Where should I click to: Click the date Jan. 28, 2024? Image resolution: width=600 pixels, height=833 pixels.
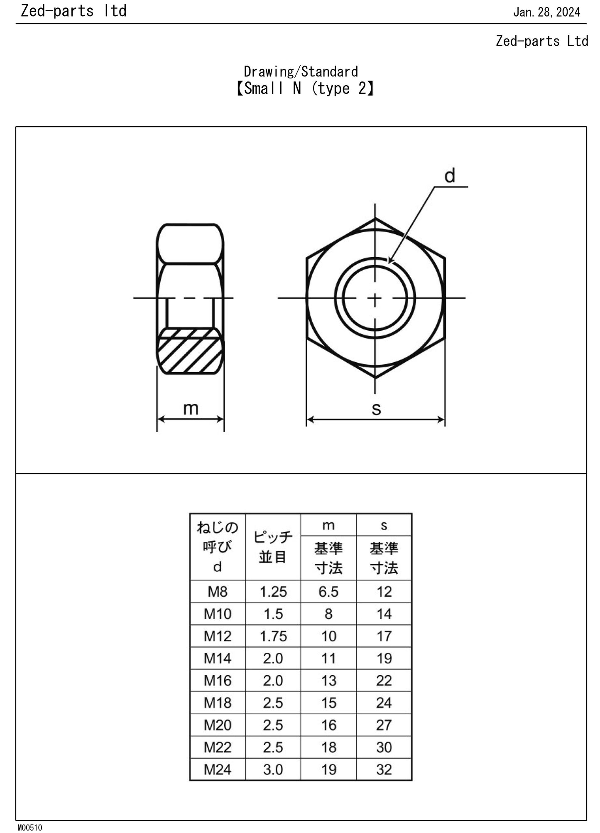546,12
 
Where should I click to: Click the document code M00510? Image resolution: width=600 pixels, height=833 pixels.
30,827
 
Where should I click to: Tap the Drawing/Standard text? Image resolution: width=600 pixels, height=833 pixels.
301,71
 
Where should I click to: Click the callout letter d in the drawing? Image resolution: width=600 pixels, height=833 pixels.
450,176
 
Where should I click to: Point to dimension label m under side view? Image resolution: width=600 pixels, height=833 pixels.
191,408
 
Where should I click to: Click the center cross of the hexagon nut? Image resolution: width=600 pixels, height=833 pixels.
375,298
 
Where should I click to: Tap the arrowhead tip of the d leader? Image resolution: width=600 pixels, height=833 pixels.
389,263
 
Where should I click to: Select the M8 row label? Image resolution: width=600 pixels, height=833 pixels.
218,592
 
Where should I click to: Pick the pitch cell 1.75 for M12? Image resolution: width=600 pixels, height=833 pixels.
273,636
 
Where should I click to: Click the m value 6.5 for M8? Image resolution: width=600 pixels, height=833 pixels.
328,592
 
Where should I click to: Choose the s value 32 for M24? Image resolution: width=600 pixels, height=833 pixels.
384,769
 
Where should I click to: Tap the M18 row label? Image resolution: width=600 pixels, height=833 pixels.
218,703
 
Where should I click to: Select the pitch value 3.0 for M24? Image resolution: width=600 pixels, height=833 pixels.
273,769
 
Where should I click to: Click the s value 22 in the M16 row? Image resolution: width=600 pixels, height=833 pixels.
384,681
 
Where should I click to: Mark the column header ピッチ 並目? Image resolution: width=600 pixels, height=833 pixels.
273,547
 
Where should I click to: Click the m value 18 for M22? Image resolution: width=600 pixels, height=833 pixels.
328,747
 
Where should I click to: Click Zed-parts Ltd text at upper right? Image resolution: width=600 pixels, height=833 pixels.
542,41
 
